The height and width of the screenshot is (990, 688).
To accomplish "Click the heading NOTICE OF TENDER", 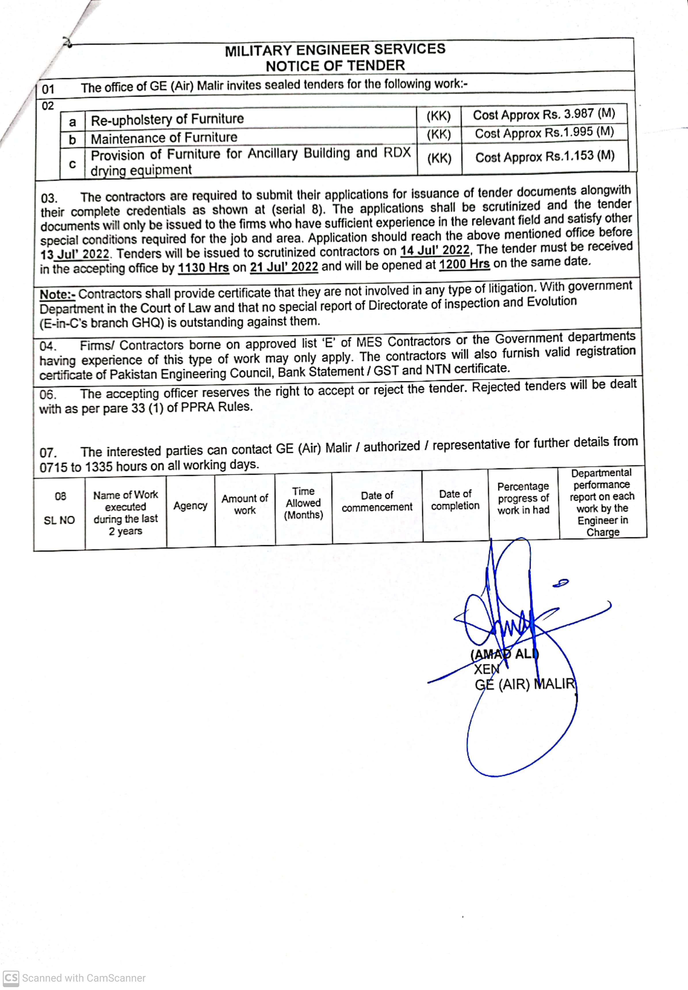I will pos(335,66).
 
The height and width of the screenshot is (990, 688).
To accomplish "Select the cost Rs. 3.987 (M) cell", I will pos(544,114).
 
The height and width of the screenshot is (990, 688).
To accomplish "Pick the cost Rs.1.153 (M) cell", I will pos(544,157).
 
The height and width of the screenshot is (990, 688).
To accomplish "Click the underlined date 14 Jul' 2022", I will pos(435,250).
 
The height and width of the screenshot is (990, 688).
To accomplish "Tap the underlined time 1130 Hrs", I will pos(203,268).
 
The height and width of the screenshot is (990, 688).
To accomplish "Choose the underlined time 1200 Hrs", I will pos(464,264).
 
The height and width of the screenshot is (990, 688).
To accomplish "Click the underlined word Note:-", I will pos(57,295).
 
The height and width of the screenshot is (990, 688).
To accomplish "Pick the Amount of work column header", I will pos(244,504).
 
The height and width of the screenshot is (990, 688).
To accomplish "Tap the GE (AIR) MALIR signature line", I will pos(525,684).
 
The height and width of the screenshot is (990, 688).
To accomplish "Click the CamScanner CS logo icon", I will pos(11,978).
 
